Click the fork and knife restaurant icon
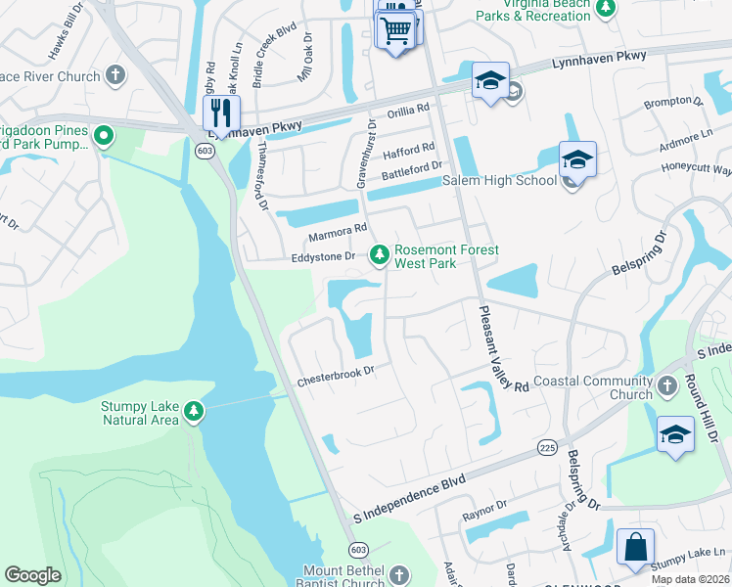(x=221, y=112)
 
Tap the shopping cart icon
(x=395, y=29)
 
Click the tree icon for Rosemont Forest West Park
(x=379, y=255)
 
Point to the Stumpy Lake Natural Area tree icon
(x=195, y=412)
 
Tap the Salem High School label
(x=499, y=180)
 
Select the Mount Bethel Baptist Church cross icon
(x=397, y=574)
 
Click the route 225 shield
(x=547, y=446)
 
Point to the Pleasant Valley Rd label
(x=498, y=347)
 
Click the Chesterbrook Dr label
(x=336, y=376)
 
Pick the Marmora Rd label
(x=337, y=234)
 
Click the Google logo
(x=32, y=575)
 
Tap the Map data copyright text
(x=689, y=579)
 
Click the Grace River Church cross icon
(x=114, y=75)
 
